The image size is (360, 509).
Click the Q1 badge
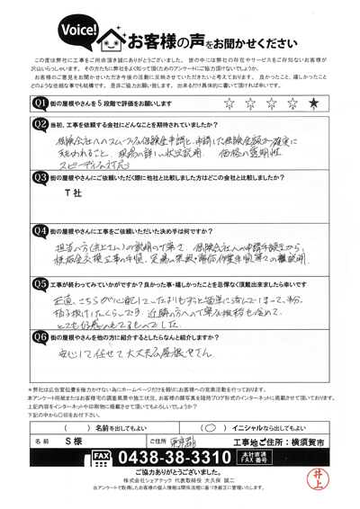coord(40,104)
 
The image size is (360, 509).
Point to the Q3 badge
coord(40,178)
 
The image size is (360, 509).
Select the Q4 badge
coord(40,231)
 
